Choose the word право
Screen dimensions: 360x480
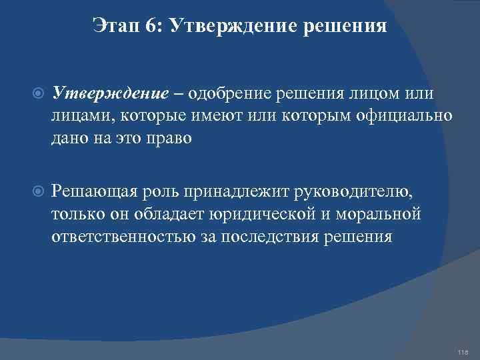(x=173, y=138)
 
